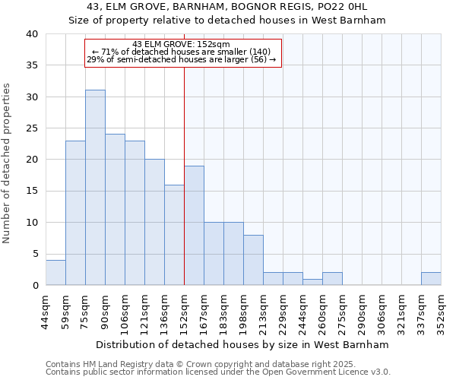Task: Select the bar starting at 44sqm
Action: [55, 273]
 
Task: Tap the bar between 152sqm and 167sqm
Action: [194, 226]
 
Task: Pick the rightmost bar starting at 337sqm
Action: [431, 279]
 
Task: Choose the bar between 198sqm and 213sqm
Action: [253, 260]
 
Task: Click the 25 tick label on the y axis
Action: [33, 128]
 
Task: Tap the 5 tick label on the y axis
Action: [35, 254]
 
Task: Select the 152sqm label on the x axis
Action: [184, 311]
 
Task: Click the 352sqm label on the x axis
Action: [441, 311]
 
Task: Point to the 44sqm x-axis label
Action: [46, 311]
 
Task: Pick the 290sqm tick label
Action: [362, 311]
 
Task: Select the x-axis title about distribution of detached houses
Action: [242, 344]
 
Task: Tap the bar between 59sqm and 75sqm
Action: [75, 213]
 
